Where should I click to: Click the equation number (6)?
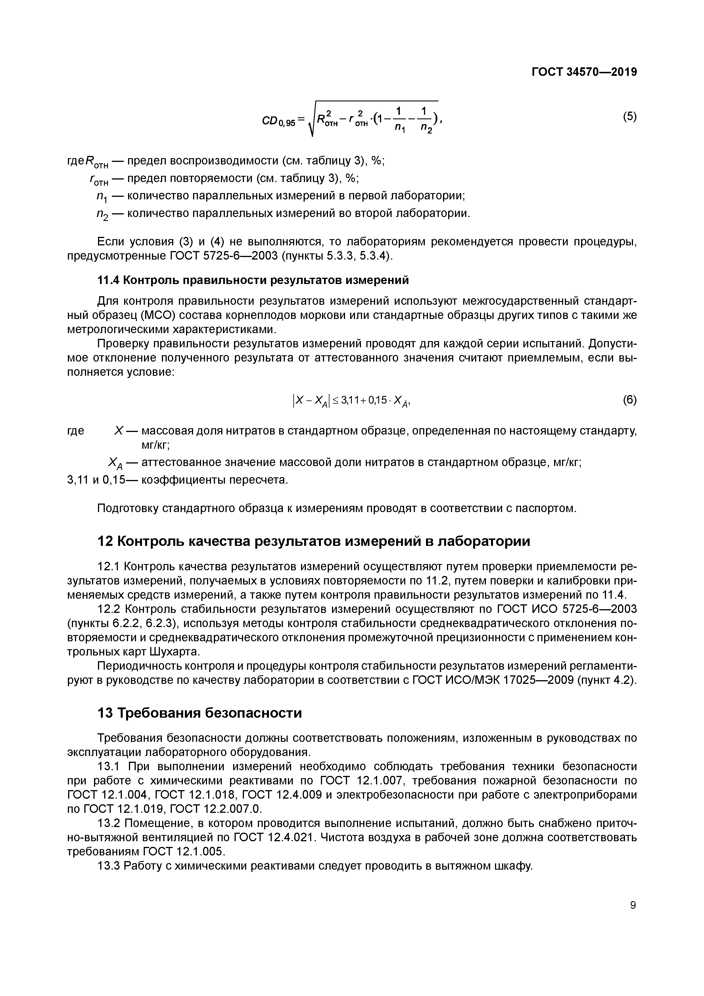point(629,400)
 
